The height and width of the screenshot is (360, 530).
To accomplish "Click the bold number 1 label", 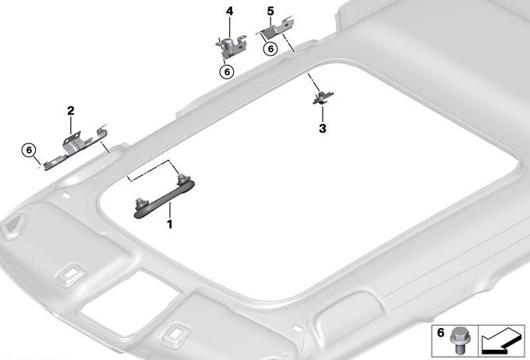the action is (170, 224).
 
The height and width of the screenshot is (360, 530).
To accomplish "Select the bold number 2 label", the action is (71, 111).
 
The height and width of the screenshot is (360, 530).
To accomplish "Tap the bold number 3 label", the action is (323, 129).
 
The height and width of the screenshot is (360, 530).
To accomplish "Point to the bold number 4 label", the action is (229, 12).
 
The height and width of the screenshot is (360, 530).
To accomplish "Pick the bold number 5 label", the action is (270, 12).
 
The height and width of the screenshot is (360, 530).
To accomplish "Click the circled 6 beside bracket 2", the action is (29, 150).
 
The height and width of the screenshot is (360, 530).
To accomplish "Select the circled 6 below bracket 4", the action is (227, 72).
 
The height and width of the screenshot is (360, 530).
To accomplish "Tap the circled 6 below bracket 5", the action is (270, 48).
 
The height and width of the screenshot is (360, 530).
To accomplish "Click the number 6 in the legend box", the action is (440, 333).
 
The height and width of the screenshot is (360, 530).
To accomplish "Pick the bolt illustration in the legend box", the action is (458, 341).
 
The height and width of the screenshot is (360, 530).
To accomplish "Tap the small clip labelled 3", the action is (323, 97).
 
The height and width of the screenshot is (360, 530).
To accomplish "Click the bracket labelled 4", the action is (231, 47).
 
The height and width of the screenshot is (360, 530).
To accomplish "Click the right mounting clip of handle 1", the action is (183, 179).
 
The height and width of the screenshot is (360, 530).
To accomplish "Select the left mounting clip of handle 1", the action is (141, 204).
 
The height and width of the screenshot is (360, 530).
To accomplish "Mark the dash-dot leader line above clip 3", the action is (313, 82).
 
